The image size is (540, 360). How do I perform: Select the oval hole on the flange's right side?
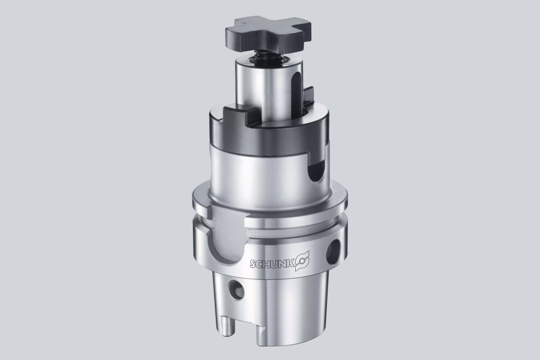(x=333, y=252)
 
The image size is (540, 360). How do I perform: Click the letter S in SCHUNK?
(x=253, y=264)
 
